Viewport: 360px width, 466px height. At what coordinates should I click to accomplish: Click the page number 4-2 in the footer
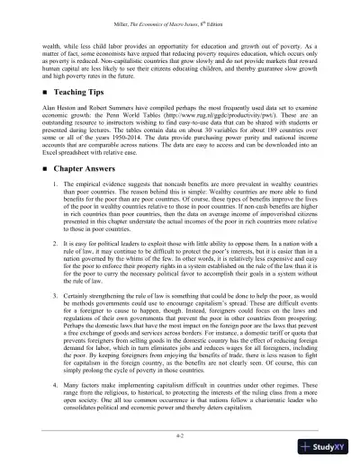tap(181, 441)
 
